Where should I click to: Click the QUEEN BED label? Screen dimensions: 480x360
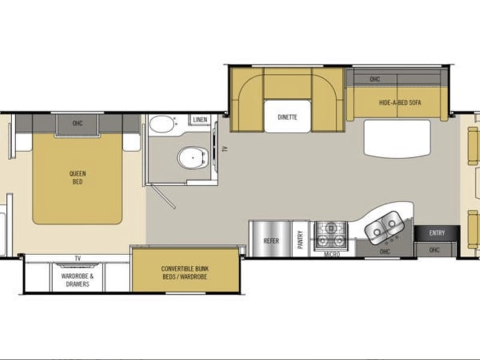pyautogui.click(x=77, y=178)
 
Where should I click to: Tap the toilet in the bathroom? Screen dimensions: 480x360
pyautogui.click(x=192, y=158)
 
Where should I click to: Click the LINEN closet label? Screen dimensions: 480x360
pyautogui.click(x=200, y=119)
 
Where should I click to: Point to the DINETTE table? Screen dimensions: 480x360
pyautogui.click(x=287, y=116)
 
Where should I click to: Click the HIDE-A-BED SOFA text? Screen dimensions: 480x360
pyautogui.click(x=400, y=103)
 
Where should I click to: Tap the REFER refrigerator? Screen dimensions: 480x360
pyautogui.click(x=271, y=239)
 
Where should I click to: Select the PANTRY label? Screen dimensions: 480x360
pyautogui.click(x=301, y=239)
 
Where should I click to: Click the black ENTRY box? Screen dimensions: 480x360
pyautogui.click(x=437, y=233)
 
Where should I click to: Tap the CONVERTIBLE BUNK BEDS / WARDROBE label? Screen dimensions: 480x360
pyautogui.click(x=185, y=273)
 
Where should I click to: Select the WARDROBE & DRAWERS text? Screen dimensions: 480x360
pyautogui.click(x=77, y=280)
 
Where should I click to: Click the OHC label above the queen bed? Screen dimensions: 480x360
pyautogui.click(x=77, y=124)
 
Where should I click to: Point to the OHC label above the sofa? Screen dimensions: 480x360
pyautogui.click(x=375, y=79)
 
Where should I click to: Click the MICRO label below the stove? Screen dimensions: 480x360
pyautogui.click(x=332, y=254)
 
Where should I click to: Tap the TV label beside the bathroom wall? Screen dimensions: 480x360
pyautogui.click(x=225, y=149)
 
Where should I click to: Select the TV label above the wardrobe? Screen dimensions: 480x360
pyautogui.click(x=78, y=259)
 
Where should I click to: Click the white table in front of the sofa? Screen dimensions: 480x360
pyautogui.click(x=397, y=139)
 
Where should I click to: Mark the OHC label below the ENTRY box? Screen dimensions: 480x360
pyautogui.click(x=434, y=250)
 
